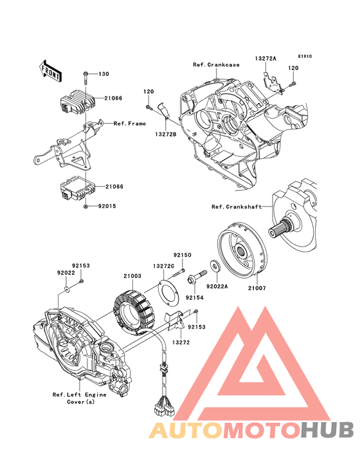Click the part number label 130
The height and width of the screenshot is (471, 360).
104,74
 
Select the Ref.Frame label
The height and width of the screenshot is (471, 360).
130,123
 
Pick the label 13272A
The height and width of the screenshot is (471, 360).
265,59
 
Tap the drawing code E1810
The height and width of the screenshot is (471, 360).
304,56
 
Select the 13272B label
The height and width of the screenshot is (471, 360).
165,134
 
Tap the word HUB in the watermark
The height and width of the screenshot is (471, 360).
327,430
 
